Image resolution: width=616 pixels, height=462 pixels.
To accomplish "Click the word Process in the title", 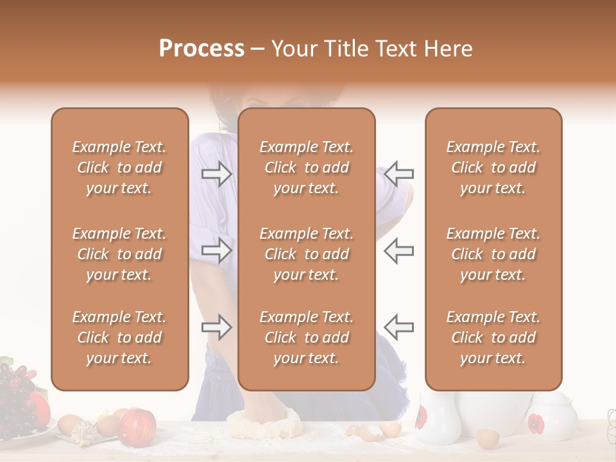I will point(201,49).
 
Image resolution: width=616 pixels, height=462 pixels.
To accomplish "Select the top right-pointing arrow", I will point(216,173).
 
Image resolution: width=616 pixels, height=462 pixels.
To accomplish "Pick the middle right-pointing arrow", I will point(216,250).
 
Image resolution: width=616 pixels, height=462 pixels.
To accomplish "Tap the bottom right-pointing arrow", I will point(216,327).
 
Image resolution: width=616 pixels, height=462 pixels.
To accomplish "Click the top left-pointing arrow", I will point(399,173).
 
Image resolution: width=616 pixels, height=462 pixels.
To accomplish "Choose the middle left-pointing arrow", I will point(399,250).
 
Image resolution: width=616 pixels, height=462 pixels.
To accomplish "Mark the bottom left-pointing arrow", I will point(399,327).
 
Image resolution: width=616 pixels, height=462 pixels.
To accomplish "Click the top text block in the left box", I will point(119,167).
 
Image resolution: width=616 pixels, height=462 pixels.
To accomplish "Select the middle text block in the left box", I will point(119,254).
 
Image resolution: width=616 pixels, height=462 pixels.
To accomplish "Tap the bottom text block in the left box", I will point(119,338).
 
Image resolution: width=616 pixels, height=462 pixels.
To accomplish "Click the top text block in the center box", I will point(306,167).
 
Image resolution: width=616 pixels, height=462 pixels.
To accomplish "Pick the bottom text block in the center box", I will point(306,338).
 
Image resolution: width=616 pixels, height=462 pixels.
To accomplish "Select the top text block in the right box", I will point(493,167).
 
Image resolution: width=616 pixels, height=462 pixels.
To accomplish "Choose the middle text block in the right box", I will point(493,254).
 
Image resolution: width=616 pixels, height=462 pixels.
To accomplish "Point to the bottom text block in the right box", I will point(493,338).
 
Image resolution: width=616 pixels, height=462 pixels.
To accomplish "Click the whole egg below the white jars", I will point(488,439).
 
